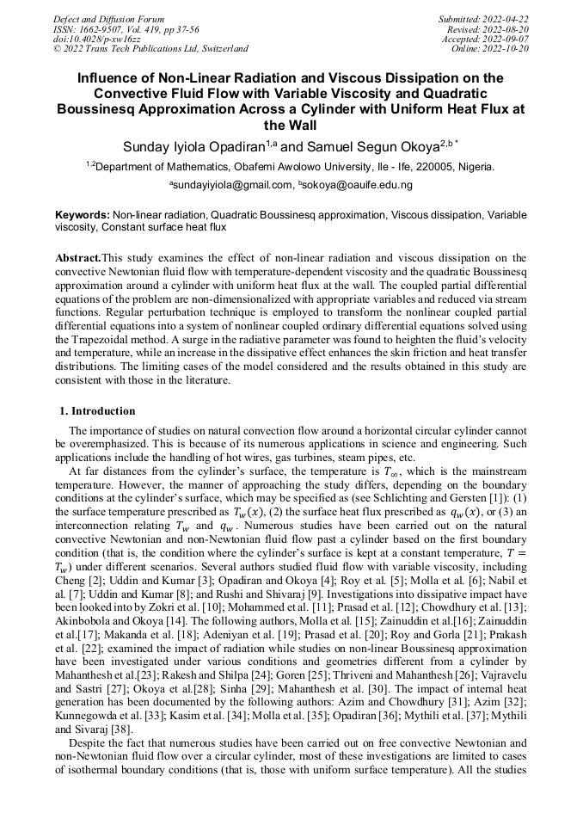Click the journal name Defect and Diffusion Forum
(x=107, y=19)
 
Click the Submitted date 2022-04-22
(x=506, y=19)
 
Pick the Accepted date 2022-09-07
(x=506, y=39)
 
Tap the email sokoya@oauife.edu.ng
(x=358, y=185)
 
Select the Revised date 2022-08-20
(x=506, y=29)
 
